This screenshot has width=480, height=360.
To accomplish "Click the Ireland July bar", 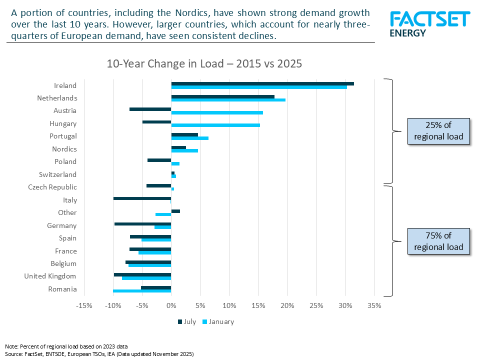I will click(x=262, y=83).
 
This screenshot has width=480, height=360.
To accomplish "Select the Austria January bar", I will click(x=217, y=112).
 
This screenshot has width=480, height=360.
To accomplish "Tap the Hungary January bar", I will click(x=215, y=125).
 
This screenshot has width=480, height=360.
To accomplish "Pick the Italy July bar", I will click(x=142, y=198).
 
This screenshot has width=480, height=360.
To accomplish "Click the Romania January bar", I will click(x=142, y=290).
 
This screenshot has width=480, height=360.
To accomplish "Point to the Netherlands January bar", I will click(x=228, y=100).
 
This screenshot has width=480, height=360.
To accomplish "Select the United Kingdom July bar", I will click(x=142, y=274).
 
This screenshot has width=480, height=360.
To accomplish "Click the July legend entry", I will click(x=186, y=321).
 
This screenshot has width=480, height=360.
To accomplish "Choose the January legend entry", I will click(x=218, y=321).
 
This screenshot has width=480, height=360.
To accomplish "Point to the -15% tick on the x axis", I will click(x=84, y=305).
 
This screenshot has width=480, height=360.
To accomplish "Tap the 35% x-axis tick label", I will click(x=374, y=305).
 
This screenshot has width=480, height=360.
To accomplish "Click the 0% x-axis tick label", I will click(x=171, y=305).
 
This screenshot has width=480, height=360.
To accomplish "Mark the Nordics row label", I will click(x=64, y=149).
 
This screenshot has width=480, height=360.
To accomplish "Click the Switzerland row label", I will click(x=58, y=174).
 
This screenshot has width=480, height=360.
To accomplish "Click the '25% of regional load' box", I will click(x=439, y=131).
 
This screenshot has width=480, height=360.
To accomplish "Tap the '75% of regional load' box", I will click(x=439, y=241).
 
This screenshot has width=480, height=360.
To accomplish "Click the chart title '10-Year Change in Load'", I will click(x=204, y=64).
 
